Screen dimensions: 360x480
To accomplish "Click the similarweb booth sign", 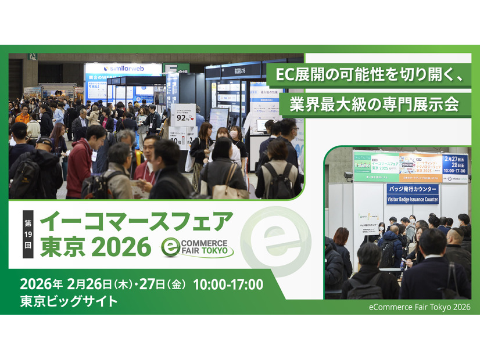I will pos(123,69).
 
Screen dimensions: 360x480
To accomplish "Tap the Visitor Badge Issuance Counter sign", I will pos(412,194).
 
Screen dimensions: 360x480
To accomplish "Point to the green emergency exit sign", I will pos(33,56).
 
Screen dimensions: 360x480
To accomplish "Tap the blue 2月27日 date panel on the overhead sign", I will pos(454,164).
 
